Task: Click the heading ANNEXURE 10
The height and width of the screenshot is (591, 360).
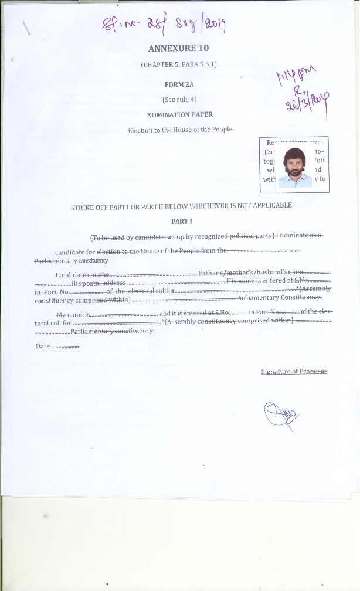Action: click(x=179, y=48)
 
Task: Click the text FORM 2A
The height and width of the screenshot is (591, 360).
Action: click(x=179, y=84)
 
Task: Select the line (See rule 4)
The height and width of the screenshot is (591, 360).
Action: click(x=179, y=99)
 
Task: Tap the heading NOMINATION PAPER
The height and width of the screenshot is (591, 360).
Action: click(x=179, y=114)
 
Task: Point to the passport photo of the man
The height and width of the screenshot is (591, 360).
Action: click(x=294, y=167)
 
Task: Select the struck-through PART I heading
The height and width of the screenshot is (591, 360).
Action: click(x=181, y=222)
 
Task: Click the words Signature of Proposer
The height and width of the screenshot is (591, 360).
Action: click(x=294, y=372)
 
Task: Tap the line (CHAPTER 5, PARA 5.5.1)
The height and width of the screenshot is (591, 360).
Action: click(x=179, y=64)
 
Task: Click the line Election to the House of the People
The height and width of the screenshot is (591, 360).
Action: click(x=180, y=129)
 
